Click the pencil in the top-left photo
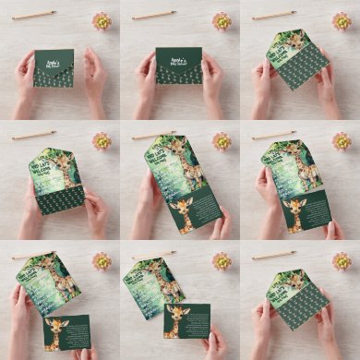coord(34,15)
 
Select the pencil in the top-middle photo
coord(154,15)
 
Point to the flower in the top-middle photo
coord(222,20)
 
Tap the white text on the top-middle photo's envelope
coord(178,56)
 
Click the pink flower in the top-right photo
coord(342,20)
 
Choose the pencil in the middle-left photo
coord(34,135)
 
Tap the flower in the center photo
coord(222,140)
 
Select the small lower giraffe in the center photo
coord(182,212)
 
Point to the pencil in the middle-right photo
coord(274,135)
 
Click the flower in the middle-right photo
coord(342,140)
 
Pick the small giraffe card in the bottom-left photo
coord(66,332)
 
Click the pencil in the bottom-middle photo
coord(154,255)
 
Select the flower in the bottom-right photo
coord(342,260)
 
